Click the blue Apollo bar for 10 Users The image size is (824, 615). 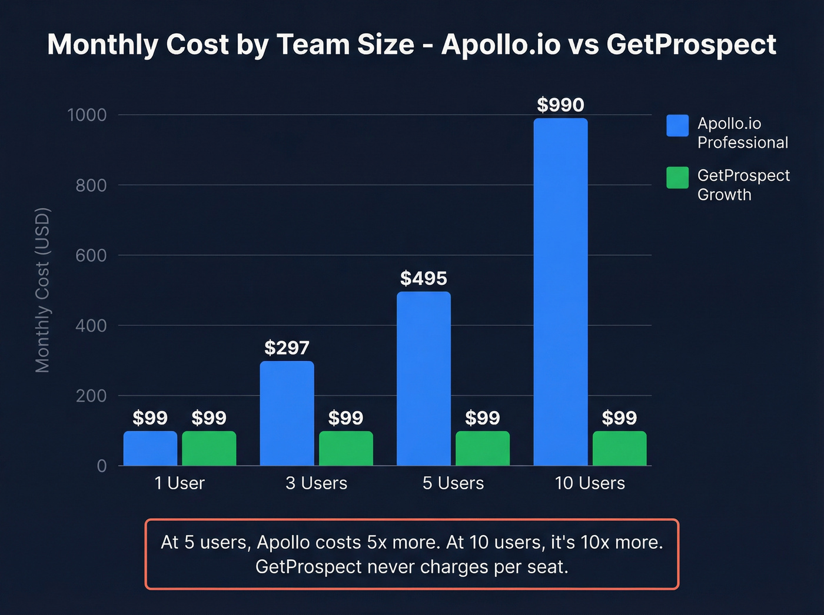(560, 292)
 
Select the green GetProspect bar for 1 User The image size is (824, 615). (209, 448)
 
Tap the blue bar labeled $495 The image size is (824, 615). (424, 378)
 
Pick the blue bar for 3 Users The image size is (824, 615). (287, 413)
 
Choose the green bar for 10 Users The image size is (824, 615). (619, 448)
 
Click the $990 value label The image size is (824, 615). (560, 105)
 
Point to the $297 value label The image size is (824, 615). (287, 348)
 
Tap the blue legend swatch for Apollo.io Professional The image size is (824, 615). (677, 125)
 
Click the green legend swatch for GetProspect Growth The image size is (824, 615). (677, 178)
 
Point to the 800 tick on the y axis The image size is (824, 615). (91, 185)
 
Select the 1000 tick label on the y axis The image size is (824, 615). (87, 115)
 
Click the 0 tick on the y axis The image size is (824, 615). (102, 466)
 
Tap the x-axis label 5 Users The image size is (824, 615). (453, 483)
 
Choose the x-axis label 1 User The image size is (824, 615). (180, 483)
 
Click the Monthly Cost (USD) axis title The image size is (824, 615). (42, 290)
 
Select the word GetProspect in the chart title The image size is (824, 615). (691, 45)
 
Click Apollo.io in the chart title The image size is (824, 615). (501, 45)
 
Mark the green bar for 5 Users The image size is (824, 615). (483, 448)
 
